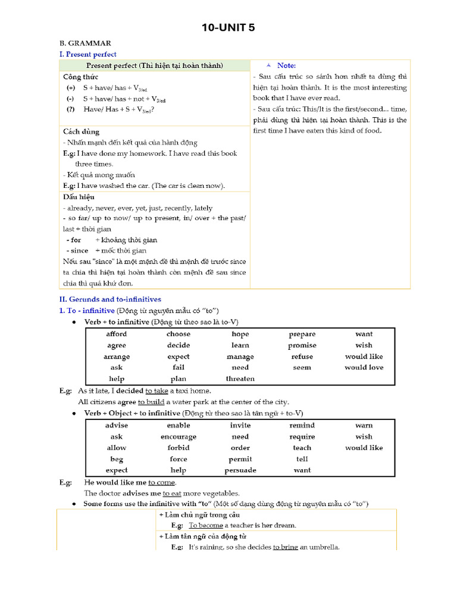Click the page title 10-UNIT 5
(228, 27)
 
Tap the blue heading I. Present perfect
(87, 54)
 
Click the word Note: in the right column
(286, 65)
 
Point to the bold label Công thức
(81, 77)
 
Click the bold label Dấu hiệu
(79, 197)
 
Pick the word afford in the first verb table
(117, 334)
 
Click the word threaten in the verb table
(240, 379)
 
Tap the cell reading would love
(364, 368)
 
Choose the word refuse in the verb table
(302, 357)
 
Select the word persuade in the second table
(240, 470)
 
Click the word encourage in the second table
(179, 437)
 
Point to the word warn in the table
(364, 425)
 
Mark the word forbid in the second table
(179, 448)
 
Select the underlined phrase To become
(205, 526)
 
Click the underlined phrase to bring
(286, 547)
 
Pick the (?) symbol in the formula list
(71, 109)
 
